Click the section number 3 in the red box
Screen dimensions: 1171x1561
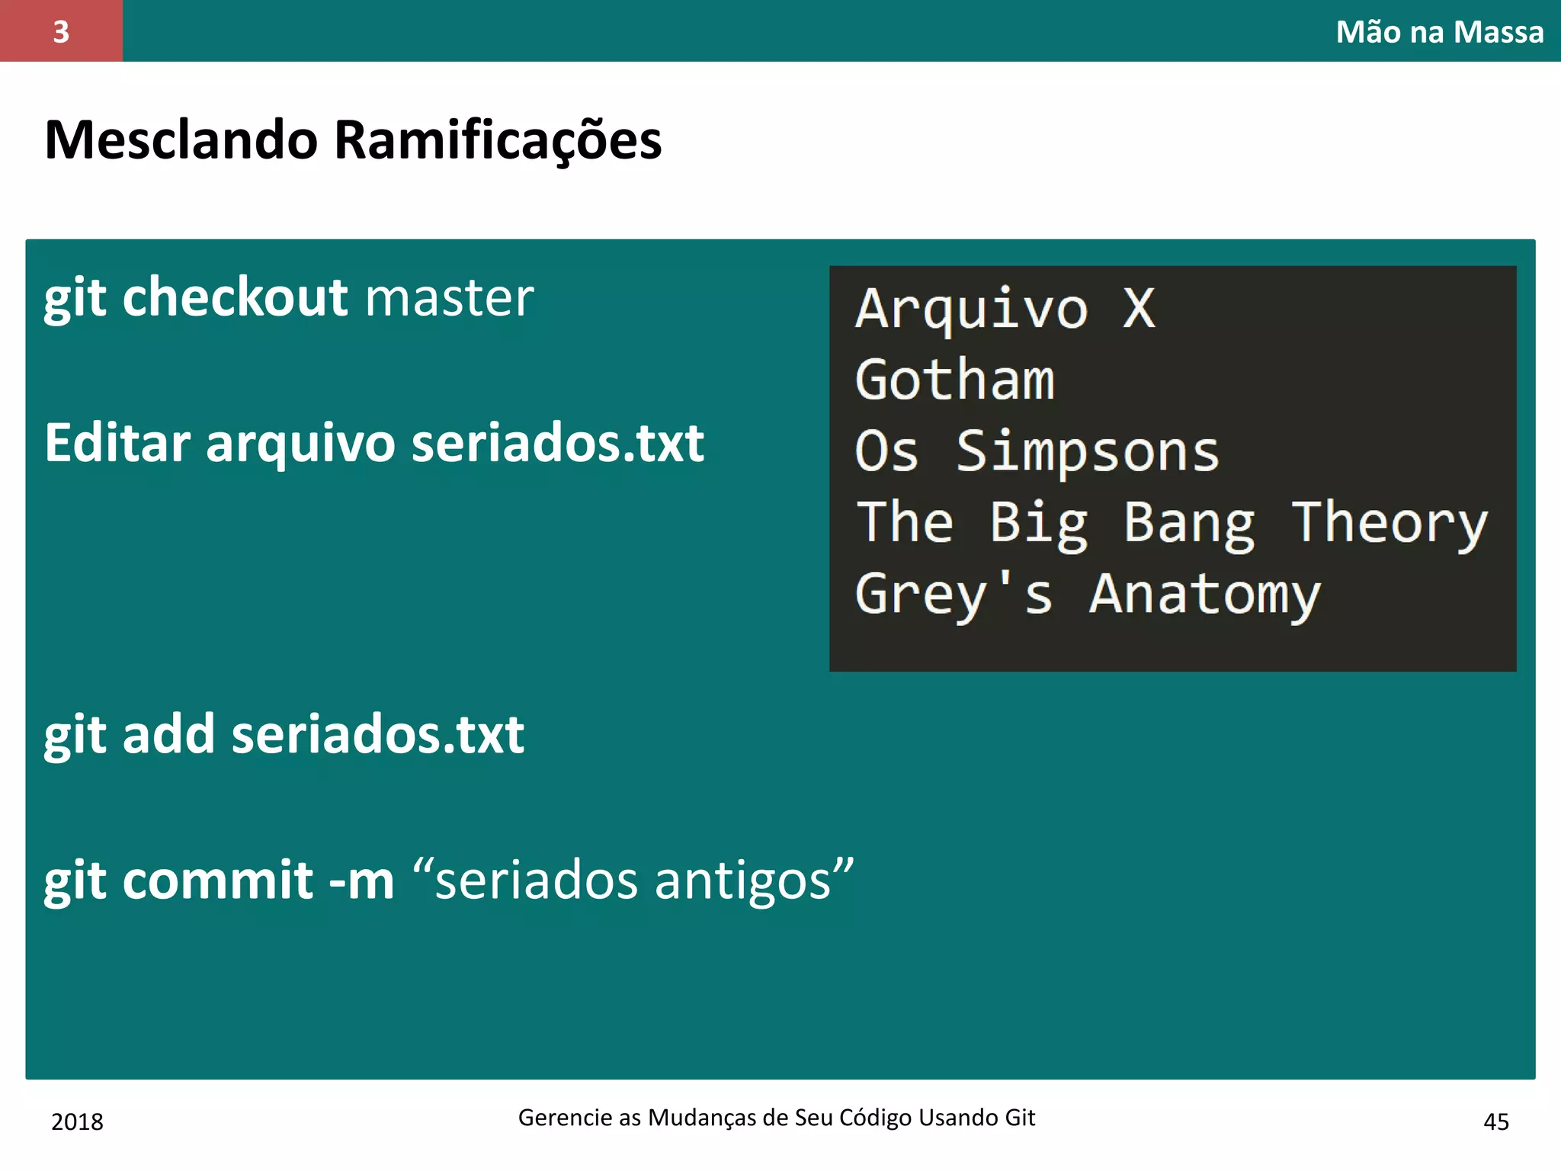[61, 32]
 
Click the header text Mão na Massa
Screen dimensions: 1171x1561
[1439, 32]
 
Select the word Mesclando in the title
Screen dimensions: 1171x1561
[181, 140]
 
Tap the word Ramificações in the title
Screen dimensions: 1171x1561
[498, 142]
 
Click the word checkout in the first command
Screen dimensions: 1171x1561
[235, 297]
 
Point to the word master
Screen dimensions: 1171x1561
[450, 298]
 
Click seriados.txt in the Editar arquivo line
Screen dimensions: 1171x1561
[557, 443]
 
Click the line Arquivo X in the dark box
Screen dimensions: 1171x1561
[1005, 310]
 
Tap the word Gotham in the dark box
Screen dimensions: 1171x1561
[954, 380]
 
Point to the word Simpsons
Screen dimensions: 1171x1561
[1087, 451]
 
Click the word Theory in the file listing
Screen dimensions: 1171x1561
[1389, 524]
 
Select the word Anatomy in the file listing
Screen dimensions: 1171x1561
[1204, 595]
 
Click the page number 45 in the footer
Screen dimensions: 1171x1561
[1495, 1121]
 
